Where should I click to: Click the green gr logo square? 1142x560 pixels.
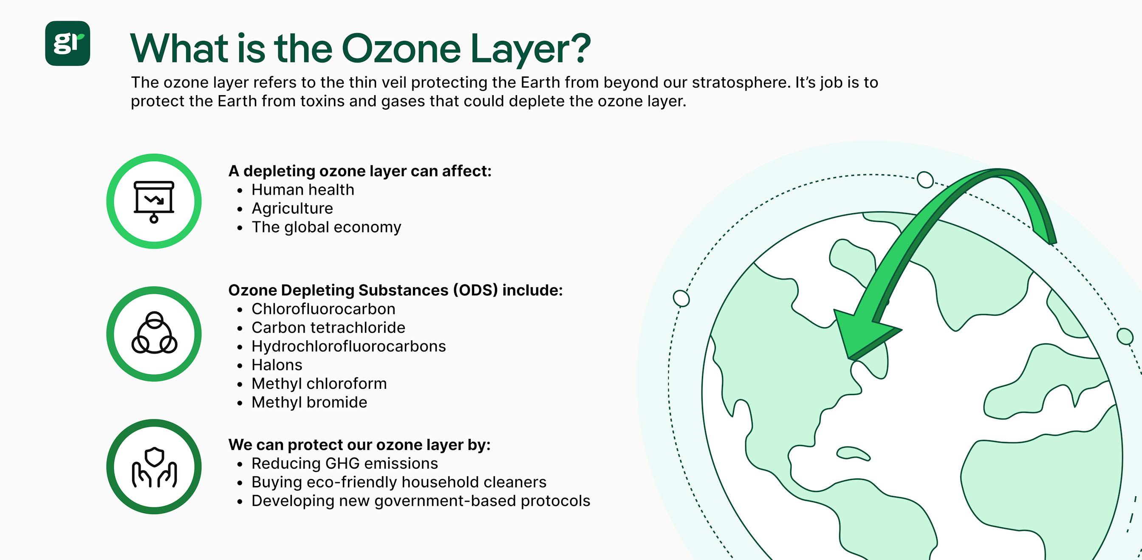pos(68,43)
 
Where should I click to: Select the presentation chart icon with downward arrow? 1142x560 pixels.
pos(154,201)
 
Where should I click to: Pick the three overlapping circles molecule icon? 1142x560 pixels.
pos(154,334)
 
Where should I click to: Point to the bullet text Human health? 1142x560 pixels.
pos(303,190)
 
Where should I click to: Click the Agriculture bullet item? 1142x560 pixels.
pos(292,208)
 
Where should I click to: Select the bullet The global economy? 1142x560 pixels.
pos(326,227)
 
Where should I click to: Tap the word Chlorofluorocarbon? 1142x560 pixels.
pos(323,309)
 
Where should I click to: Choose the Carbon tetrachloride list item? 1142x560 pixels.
pos(328,328)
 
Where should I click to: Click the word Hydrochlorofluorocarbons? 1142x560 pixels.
pos(348,346)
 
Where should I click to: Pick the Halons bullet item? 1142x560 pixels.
pos(277,365)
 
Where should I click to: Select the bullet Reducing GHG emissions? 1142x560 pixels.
pos(345,464)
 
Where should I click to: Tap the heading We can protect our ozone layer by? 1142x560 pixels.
pos(359,445)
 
